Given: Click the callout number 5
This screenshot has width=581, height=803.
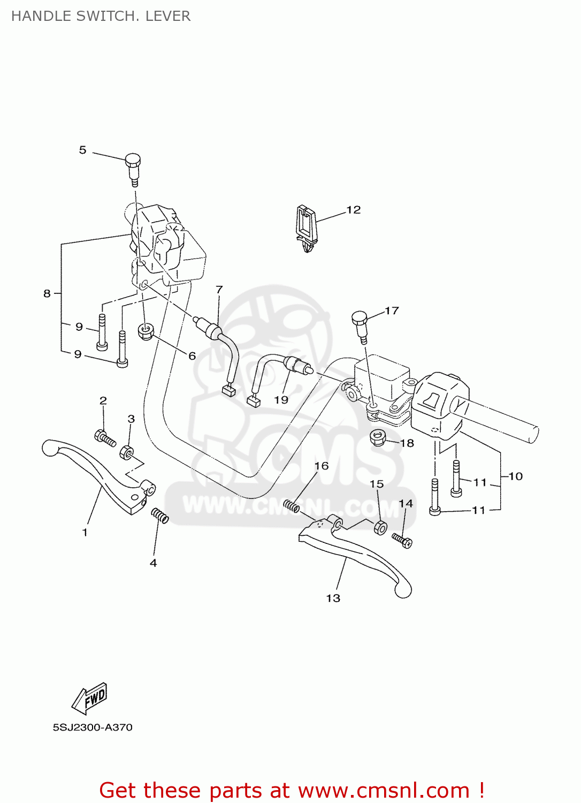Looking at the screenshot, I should pos(82,150).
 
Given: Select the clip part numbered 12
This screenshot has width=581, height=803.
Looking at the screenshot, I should pos(305,227).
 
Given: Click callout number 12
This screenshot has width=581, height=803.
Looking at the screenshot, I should pos(353,210).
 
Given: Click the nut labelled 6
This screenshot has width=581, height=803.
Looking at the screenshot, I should pos(146,331).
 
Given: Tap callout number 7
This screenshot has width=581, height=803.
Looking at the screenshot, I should pos(219,290).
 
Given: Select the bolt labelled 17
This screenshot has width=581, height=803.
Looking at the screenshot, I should pos(360,323).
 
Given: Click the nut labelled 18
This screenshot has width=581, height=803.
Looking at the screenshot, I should pos(379,438).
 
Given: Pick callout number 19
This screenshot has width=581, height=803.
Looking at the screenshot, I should pos(281,399).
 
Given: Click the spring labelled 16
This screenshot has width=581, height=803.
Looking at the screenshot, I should pos(292,505).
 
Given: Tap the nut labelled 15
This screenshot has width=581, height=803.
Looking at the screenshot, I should pos(379,527).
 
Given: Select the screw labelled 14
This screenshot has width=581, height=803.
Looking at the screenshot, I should pos(402,540).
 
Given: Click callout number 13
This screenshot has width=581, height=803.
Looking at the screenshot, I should pos(333,598).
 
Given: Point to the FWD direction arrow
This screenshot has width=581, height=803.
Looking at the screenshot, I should pos(90,698).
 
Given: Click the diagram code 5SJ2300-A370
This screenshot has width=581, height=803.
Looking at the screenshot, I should pos(93,728).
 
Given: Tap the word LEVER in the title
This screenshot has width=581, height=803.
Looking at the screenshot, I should pos(167,16).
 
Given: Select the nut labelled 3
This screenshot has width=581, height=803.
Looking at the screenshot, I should pos(127,453).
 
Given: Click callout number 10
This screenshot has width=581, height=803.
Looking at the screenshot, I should pos(515,476).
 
